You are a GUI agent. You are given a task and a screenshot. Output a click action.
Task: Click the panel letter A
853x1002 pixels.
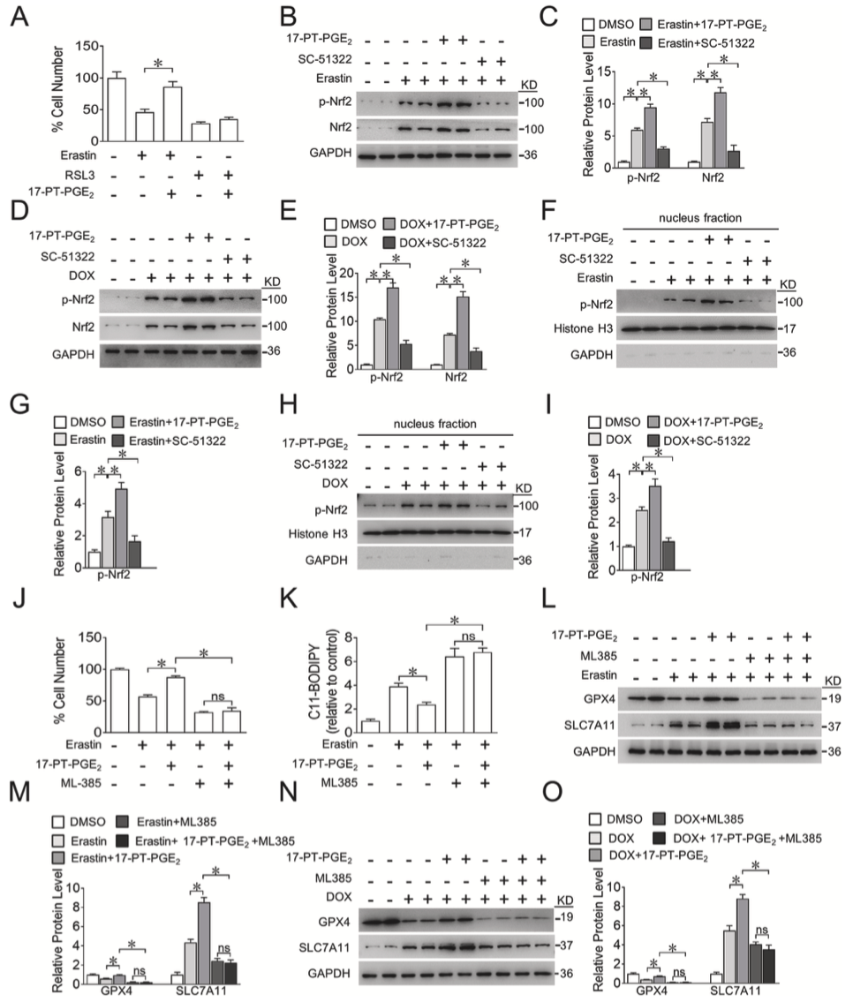[19, 15]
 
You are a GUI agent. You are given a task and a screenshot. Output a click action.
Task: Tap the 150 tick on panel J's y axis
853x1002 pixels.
[89, 637]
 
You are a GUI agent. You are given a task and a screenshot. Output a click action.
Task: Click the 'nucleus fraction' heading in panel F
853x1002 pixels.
[699, 218]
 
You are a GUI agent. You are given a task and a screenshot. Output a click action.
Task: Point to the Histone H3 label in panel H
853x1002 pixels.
[318, 533]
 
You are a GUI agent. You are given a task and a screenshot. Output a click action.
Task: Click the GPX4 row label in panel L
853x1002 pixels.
[600, 698]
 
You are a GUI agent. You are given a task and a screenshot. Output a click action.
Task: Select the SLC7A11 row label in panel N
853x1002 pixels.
[324, 947]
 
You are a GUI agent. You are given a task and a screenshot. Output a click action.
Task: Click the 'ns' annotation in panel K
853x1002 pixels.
[468, 637]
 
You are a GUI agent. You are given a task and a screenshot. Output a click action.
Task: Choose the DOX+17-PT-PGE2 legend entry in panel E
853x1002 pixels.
[442, 225]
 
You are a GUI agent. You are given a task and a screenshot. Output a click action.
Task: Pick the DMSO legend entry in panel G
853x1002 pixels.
[80, 422]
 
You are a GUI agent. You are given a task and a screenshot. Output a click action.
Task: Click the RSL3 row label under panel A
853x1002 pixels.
[79, 175]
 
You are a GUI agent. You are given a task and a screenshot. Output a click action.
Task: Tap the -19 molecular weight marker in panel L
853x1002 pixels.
[830, 698]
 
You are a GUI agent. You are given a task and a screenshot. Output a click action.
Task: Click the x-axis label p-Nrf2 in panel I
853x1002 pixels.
[647, 577]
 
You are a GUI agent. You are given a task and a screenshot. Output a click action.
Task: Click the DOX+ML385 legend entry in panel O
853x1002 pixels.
[698, 819]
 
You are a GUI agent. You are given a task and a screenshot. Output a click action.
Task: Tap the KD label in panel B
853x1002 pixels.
[529, 85]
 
